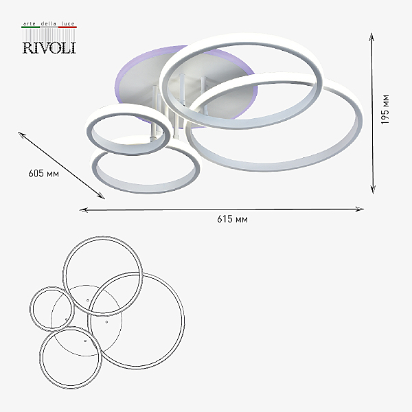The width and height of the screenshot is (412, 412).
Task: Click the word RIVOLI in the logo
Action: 49,48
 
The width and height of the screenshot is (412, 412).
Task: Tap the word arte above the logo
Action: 29,23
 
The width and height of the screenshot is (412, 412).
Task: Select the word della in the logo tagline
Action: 49,23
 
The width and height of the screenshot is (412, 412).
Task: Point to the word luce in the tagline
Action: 68,23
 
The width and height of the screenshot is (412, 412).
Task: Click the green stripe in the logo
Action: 30,27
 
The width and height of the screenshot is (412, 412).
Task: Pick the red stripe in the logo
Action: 67,27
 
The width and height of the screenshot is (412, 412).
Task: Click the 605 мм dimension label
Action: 44,174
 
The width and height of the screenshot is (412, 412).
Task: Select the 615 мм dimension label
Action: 232,219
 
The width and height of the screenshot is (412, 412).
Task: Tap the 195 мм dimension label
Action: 385,109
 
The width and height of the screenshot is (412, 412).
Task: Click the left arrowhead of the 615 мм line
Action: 83,210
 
